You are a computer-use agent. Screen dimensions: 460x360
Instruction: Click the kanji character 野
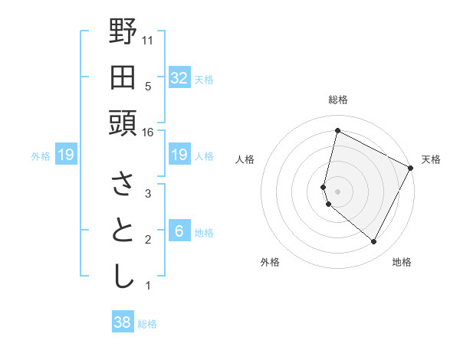tap(123, 31)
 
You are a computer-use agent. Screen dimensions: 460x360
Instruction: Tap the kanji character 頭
tap(123, 123)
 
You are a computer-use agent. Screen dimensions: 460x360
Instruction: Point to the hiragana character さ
tap(123, 184)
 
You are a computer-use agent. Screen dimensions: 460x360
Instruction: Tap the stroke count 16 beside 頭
tap(148, 133)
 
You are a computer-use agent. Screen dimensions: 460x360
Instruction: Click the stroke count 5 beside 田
tap(148, 87)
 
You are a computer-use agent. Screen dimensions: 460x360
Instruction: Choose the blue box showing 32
tap(179, 78)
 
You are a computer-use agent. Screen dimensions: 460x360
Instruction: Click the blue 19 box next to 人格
tap(179, 155)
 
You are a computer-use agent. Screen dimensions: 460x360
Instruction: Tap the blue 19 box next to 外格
tap(65, 155)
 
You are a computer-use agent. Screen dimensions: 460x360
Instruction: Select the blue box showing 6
tap(179, 231)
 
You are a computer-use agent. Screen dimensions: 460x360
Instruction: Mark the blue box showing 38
tap(122, 322)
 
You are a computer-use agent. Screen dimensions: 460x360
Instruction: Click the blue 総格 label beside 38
tap(147, 324)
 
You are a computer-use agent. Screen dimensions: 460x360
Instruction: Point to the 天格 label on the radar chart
tap(431, 159)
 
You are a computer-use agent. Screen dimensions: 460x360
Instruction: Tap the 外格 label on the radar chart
tap(270, 262)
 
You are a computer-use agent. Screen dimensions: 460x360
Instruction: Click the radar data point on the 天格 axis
tap(412, 168)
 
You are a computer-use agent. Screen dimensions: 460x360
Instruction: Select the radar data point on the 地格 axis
tap(374, 242)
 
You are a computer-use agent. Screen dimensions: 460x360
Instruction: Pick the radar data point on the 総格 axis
tap(337, 130)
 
